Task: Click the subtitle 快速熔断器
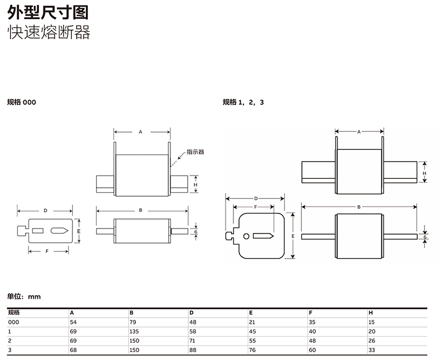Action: (48, 33)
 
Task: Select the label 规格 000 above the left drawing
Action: (22, 102)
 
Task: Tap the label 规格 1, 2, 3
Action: (243, 102)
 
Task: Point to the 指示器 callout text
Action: (195, 151)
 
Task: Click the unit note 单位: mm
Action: (24, 296)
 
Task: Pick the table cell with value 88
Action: (193, 349)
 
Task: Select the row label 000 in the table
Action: (13, 322)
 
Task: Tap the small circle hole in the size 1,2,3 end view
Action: (246, 236)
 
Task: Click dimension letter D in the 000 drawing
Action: (45, 211)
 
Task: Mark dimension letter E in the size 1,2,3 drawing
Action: (293, 236)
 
